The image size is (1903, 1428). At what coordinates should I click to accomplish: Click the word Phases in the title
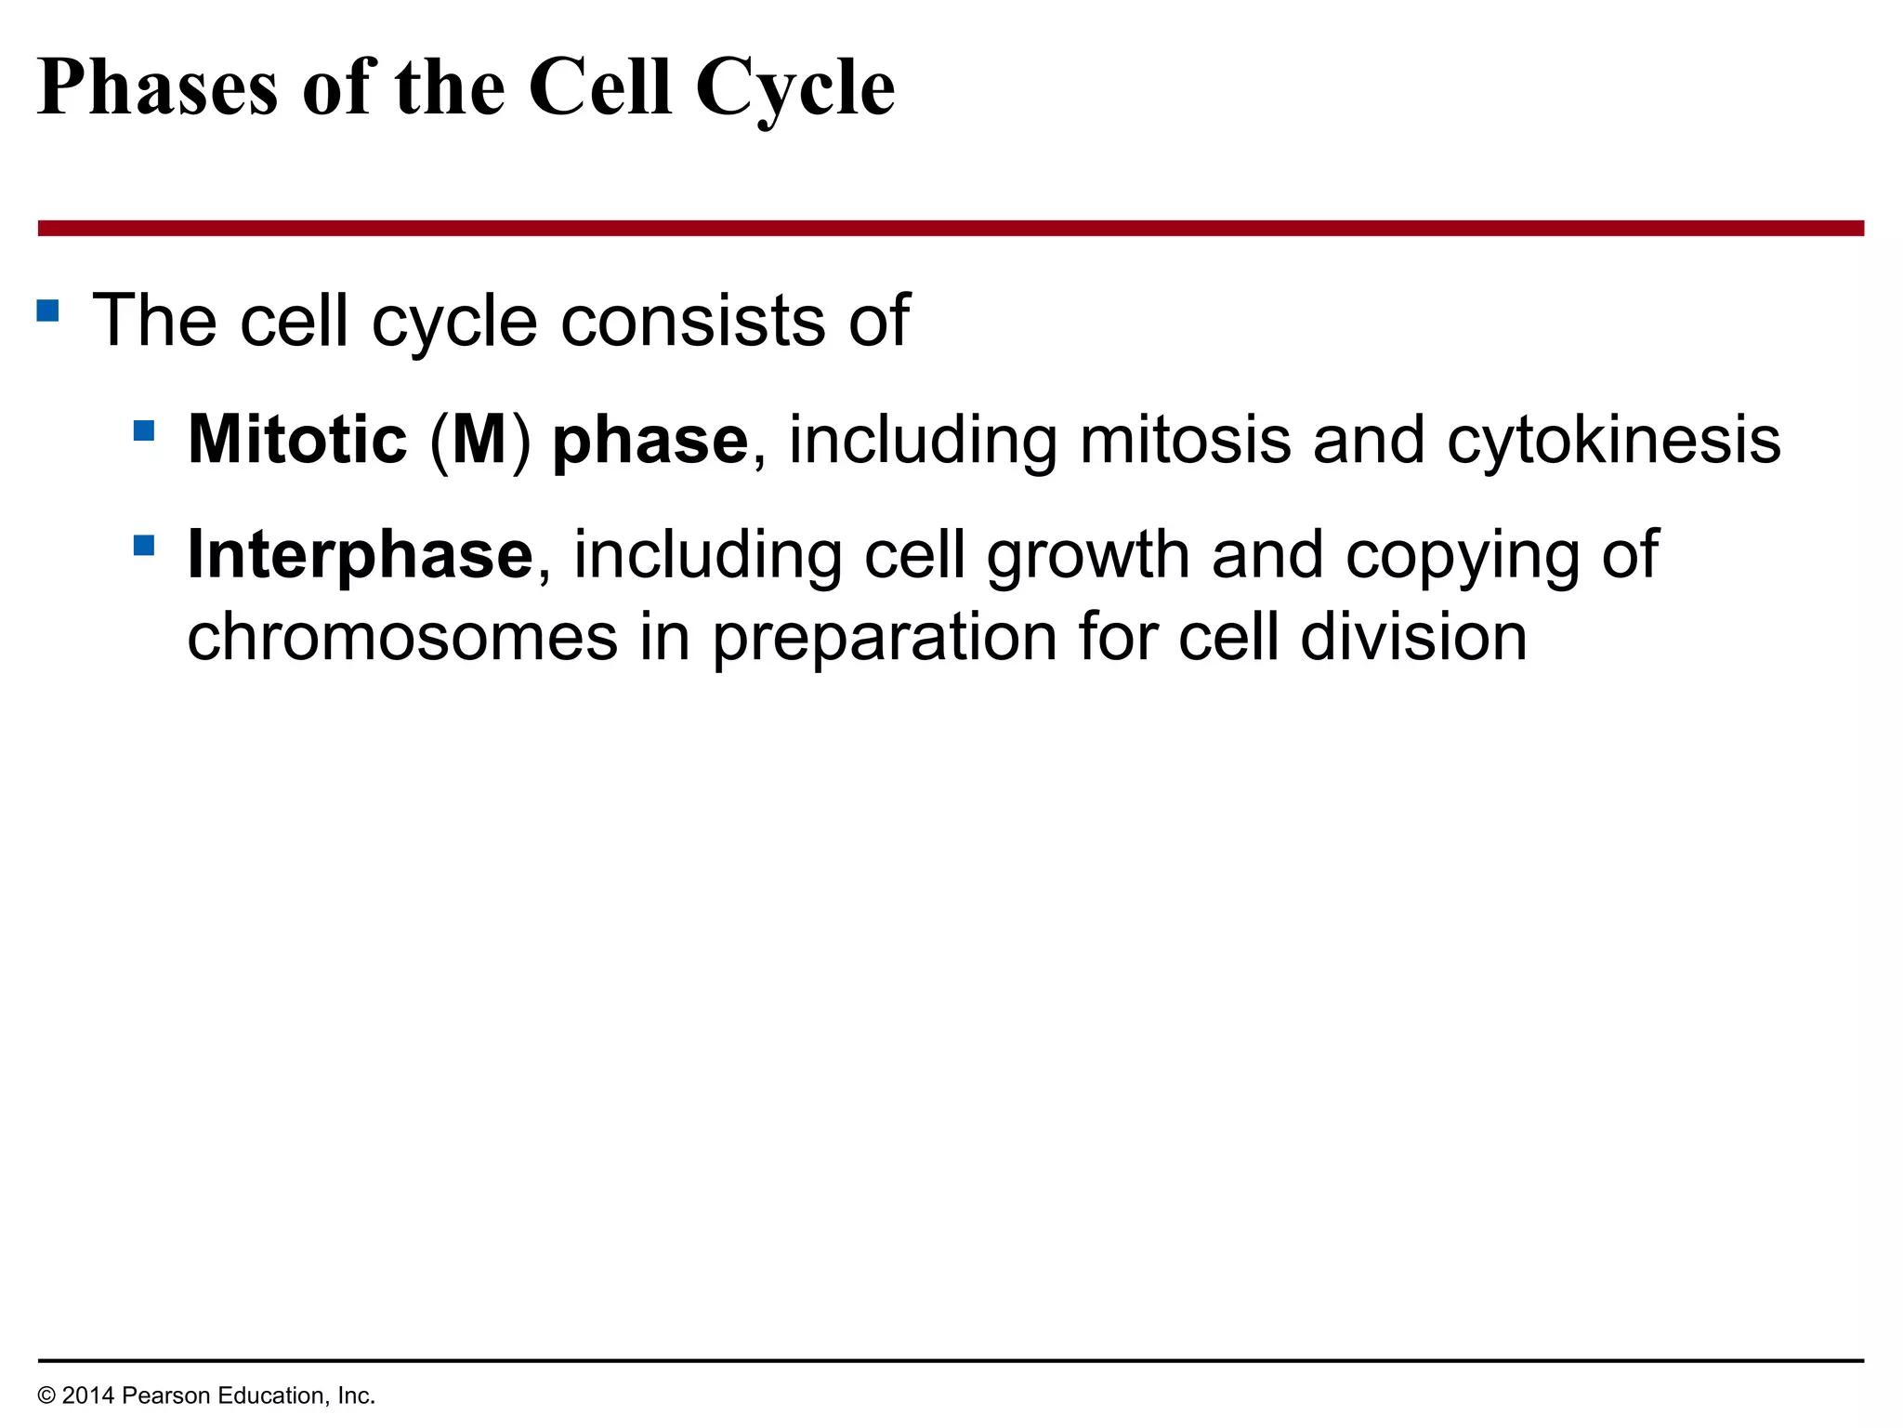[x=158, y=88]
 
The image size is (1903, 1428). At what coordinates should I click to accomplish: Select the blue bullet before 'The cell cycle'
[x=48, y=310]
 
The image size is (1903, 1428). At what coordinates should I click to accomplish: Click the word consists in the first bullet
[x=692, y=321]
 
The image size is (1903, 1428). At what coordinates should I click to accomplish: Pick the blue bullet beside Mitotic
[x=144, y=430]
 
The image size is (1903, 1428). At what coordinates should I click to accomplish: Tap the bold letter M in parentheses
[x=479, y=439]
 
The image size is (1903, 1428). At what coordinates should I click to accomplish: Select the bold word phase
[x=650, y=441]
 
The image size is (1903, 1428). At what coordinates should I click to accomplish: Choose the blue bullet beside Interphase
[x=144, y=545]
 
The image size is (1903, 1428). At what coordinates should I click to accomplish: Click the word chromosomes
[x=402, y=638]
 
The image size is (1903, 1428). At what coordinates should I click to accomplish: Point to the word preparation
[x=885, y=640]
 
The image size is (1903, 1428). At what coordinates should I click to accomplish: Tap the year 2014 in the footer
[x=88, y=1395]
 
